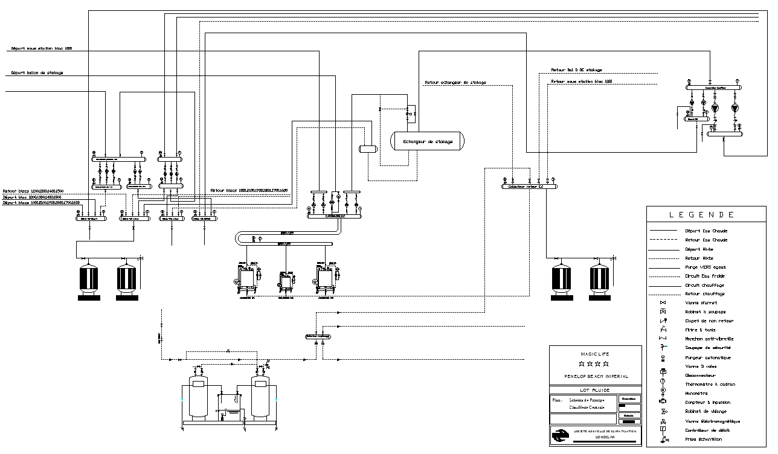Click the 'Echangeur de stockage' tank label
pyautogui.click(x=428, y=142)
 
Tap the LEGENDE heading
pyautogui.click(x=706, y=214)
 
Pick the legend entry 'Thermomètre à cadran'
pyautogui.click(x=708, y=384)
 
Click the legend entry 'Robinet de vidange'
pyautogui.click(x=706, y=411)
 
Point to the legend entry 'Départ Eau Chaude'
pyautogui.click(x=706, y=231)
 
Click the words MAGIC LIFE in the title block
pyautogui.click(x=595, y=353)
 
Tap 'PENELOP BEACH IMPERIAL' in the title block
pyautogui.click(x=596, y=376)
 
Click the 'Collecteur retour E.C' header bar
pyautogui.click(x=529, y=187)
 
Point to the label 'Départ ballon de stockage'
pyautogui.click(x=37, y=73)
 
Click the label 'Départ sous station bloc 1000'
pyautogui.click(x=41, y=48)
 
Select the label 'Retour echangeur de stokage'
pyautogui.click(x=455, y=82)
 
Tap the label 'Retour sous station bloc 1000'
pyautogui.click(x=581, y=81)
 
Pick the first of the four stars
pyautogui.click(x=581, y=364)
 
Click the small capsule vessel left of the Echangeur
pyautogui.click(x=367, y=149)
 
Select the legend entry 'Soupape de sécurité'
pyautogui.click(x=707, y=348)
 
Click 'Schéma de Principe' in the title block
pyautogui.click(x=587, y=400)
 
